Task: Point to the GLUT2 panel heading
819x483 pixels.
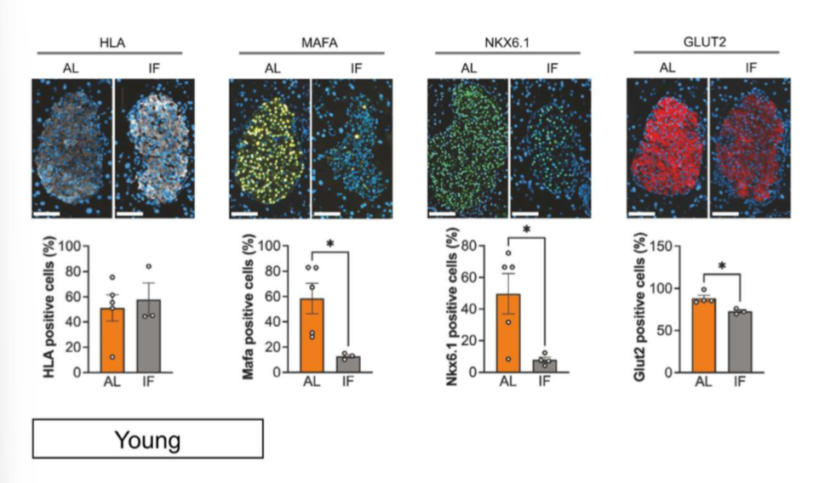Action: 704,40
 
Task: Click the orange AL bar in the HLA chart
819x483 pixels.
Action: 112,340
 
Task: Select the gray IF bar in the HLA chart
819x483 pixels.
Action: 149,336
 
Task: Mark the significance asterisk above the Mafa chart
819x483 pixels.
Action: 329,245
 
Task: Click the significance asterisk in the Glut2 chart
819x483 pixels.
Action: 722,267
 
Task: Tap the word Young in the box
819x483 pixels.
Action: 147,440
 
